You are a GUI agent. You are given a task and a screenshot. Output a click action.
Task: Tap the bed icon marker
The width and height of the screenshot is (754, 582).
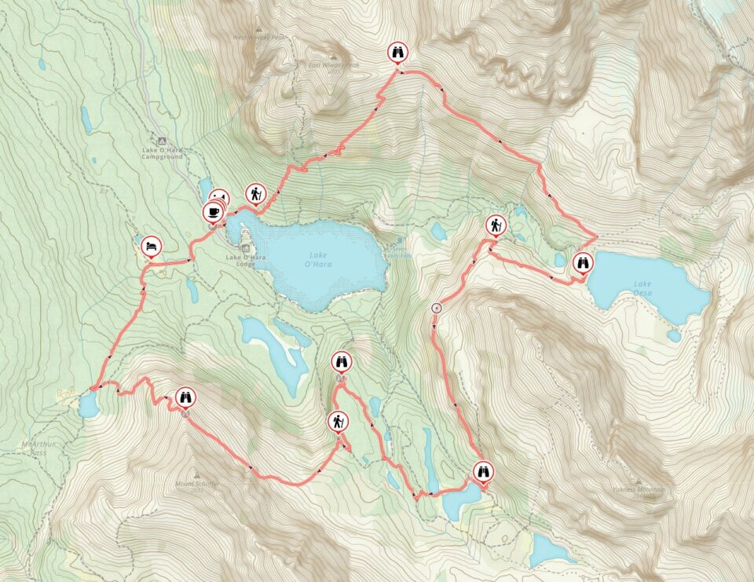152,246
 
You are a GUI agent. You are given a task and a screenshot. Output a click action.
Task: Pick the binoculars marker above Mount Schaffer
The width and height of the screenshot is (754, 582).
185,398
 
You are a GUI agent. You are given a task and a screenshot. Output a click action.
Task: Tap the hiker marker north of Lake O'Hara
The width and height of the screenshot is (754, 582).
256,192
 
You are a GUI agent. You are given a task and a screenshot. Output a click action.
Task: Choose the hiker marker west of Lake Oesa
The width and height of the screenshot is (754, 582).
496,226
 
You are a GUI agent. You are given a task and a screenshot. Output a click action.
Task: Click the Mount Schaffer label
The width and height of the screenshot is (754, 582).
197,484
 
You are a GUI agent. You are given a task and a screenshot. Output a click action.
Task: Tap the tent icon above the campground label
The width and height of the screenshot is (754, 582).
162,139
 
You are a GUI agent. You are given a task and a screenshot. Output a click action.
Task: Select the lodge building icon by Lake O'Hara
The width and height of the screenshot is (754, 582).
244,249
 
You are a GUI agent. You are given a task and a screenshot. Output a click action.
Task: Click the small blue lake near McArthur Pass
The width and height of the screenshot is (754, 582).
88,406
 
